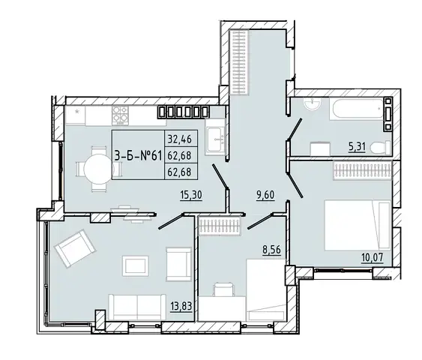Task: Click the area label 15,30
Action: tap(191, 195)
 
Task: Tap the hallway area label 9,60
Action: tap(265, 194)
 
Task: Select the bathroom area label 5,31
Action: tap(357, 147)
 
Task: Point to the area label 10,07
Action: tap(373, 257)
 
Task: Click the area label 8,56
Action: tap(271, 250)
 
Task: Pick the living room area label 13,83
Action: tap(181, 306)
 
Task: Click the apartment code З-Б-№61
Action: tap(138, 156)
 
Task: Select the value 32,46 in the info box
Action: tap(179, 139)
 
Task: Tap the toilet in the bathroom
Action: tap(380, 148)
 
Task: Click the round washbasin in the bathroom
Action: tap(312, 103)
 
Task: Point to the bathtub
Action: tap(356, 109)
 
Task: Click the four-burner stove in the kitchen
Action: tap(120, 115)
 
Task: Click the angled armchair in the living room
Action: tap(75, 247)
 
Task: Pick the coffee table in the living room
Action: tap(136, 265)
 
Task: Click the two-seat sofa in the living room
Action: tap(137, 307)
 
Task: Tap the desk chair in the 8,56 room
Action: tap(223, 289)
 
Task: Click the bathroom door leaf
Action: tap(295, 129)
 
